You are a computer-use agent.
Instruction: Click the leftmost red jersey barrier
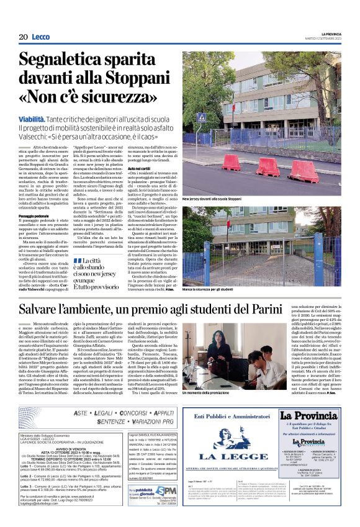click(x=231, y=163)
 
